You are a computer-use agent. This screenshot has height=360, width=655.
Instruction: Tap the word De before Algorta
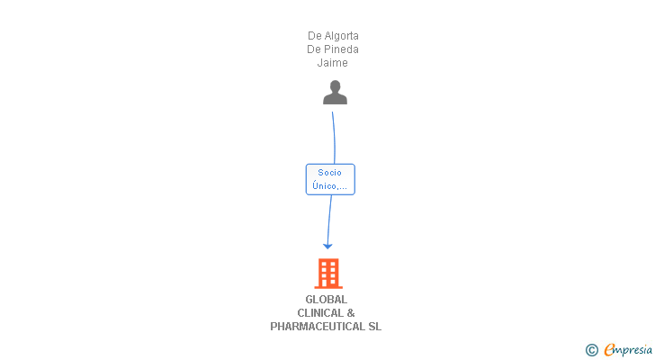click(315, 36)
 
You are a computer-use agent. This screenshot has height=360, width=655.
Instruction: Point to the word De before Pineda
click(315, 49)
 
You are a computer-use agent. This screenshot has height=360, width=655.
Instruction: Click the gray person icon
click(335, 93)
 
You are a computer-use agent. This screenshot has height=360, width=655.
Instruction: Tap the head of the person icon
click(335, 86)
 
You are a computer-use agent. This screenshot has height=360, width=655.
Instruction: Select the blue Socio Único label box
click(330, 179)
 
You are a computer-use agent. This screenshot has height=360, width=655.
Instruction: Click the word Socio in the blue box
click(330, 173)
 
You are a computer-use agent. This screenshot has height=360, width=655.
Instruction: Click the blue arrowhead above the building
click(327, 245)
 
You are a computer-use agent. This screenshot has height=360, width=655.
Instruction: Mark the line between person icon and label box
click(334, 135)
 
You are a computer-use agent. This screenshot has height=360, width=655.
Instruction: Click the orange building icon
click(328, 273)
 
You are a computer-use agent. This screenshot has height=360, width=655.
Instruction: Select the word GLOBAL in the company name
click(326, 300)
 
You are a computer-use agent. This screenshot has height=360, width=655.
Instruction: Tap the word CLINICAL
click(319, 313)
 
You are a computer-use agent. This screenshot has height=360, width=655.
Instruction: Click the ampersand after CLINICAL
click(351, 313)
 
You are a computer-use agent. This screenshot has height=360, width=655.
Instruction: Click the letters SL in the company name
click(374, 327)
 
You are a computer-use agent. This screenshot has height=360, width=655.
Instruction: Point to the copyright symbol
click(591, 350)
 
